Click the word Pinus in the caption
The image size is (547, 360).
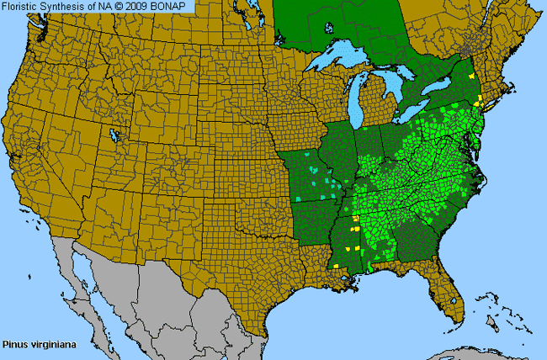click(13, 344)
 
